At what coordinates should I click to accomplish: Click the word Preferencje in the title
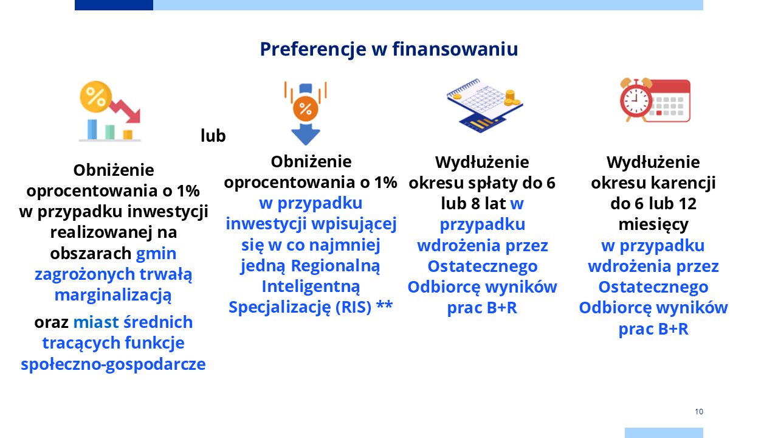[313, 49]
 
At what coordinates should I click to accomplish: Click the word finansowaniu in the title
[455, 49]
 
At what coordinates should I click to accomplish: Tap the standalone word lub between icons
[213, 136]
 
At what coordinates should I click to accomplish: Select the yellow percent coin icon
[96, 97]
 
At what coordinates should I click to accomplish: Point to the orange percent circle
[305, 109]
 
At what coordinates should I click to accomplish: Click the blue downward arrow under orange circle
[305, 134]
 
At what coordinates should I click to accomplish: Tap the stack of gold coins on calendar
[511, 98]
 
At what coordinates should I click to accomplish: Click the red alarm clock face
[636, 101]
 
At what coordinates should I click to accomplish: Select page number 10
[699, 412]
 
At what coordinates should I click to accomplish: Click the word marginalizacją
[113, 295]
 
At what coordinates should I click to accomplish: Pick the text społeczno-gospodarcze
[113, 364]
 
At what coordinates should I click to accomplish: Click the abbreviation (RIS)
[354, 307]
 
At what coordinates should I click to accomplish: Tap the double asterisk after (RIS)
[385, 305]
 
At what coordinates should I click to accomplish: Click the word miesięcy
[653, 225]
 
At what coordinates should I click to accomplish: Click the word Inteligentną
[311, 287]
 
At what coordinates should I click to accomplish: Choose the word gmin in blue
[156, 254]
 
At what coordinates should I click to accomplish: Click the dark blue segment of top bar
[114, 5]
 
